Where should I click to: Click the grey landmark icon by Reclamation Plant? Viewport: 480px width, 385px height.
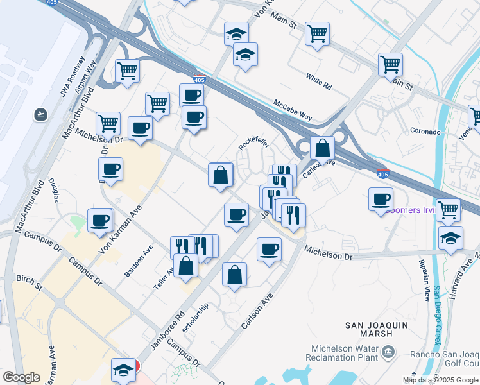[x=388, y=352]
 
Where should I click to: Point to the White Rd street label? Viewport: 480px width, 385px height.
[x=318, y=83]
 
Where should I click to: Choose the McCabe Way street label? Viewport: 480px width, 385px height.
[x=293, y=110]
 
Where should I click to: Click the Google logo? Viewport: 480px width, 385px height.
[x=21, y=377]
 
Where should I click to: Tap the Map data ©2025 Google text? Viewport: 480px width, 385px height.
[x=440, y=380]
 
